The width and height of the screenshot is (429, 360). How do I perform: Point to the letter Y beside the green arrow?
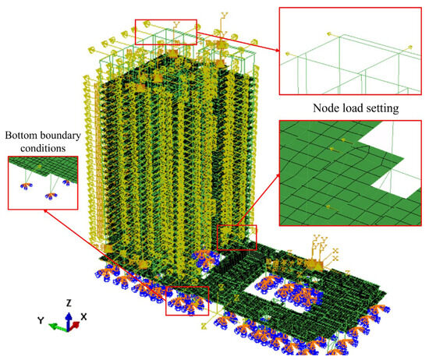pyautogui.click(x=41, y=321)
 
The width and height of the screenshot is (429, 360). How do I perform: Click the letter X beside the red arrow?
pyautogui.click(x=84, y=317)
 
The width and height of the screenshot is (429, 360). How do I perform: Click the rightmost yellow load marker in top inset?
pyautogui.click(x=409, y=48)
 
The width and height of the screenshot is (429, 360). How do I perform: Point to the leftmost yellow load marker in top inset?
pyautogui.click(x=288, y=54)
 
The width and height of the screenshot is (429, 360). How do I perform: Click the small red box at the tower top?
pyautogui.click(x=166, y=32)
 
